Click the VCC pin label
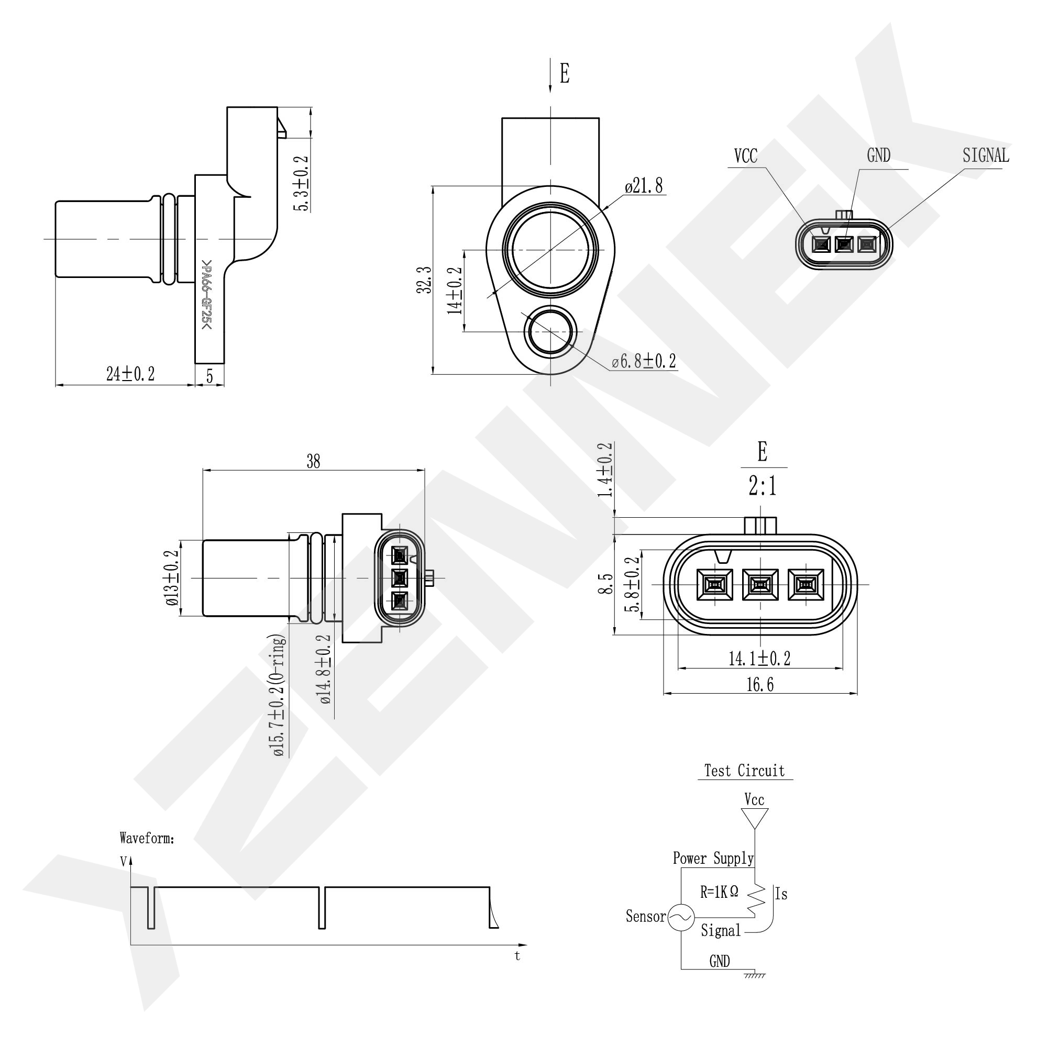point(745,156)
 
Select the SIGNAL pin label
point(985,155)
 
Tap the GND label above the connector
point(878,155)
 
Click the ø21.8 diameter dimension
point(643,186)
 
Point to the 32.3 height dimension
point(424,280)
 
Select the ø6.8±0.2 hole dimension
point(644,361)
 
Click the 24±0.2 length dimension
point(130,374)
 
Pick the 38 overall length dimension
point(314,461)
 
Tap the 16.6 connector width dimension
point(759,685)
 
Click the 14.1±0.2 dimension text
point(759,659)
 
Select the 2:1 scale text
point(762,486)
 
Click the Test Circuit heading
point(744,771)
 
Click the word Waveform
point(147,838)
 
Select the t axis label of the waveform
point(517,956)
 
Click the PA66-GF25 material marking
point(206,295)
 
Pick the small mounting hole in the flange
point(550,331)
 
